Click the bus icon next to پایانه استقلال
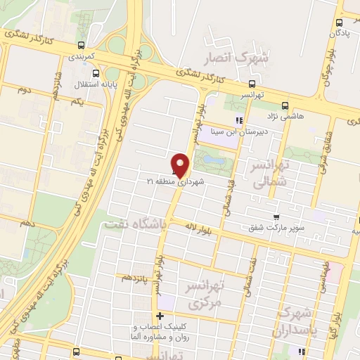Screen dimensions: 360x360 coord(96,73)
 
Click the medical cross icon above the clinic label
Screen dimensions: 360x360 coord(161,316)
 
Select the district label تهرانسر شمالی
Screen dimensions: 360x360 coord(264,173)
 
